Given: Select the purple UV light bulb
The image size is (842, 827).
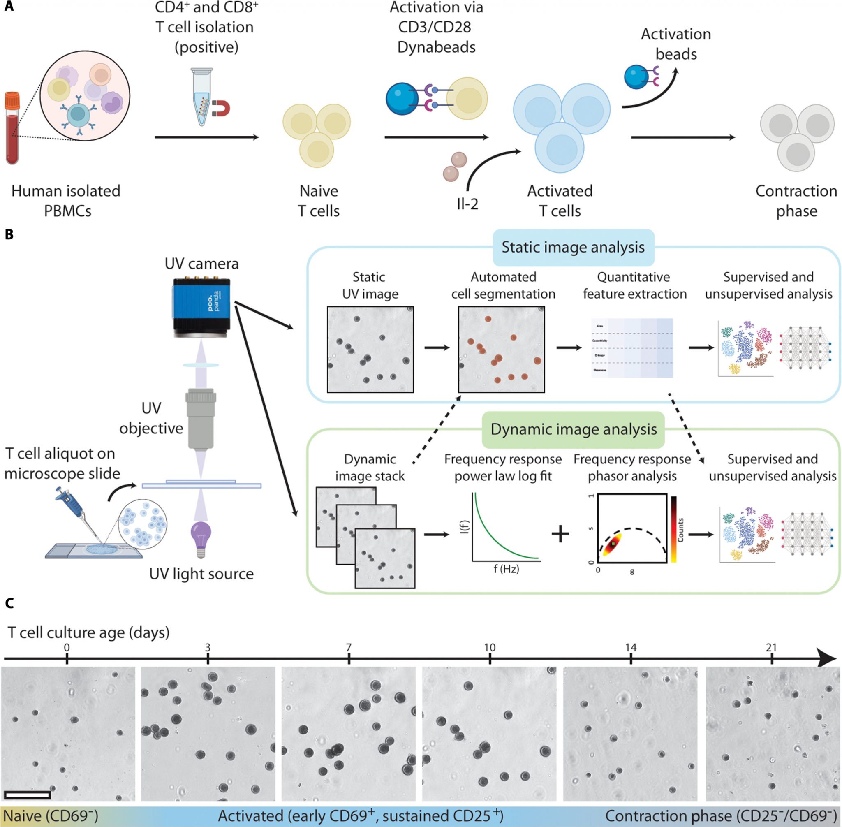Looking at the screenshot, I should tap(201, 537).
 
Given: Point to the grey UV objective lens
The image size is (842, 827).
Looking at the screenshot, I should tap(201, 417).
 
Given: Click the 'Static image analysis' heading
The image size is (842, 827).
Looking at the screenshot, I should tap(573, 248).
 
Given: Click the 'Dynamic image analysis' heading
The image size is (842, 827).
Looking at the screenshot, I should tap(573, 430).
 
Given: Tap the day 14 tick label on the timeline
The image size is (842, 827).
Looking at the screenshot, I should tap(631, 648).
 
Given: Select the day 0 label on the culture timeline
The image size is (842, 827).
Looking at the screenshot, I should tap(67, 648).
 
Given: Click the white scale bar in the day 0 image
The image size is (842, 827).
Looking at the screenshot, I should tap(28, 795).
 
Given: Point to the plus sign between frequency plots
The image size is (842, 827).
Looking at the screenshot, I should tap(560, 534).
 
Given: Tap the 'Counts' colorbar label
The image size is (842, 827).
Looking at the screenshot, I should tap(680, 530).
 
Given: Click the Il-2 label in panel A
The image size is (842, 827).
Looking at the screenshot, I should tap(467, 203).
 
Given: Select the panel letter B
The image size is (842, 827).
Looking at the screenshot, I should tap(9, 234).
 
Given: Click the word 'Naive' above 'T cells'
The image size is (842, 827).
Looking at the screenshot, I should tap(318, 191).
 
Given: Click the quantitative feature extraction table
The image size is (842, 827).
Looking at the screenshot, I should tap(632, 348).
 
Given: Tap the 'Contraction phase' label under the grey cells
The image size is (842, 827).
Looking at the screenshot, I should tap(796, 201).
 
